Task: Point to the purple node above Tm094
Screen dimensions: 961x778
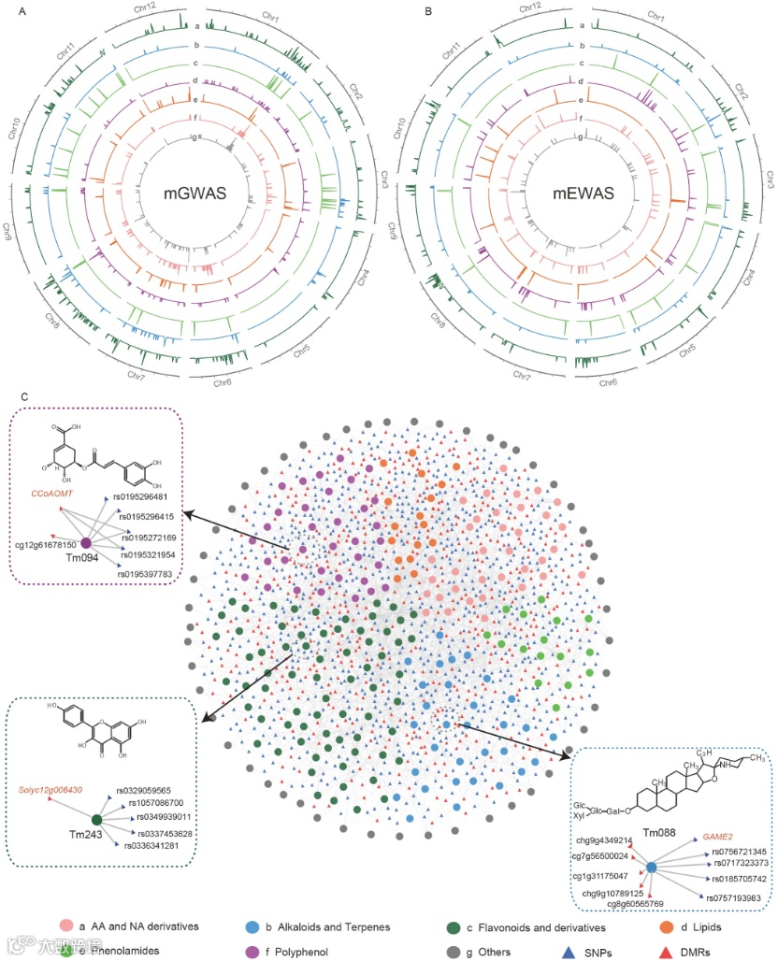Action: pos(85,543)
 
